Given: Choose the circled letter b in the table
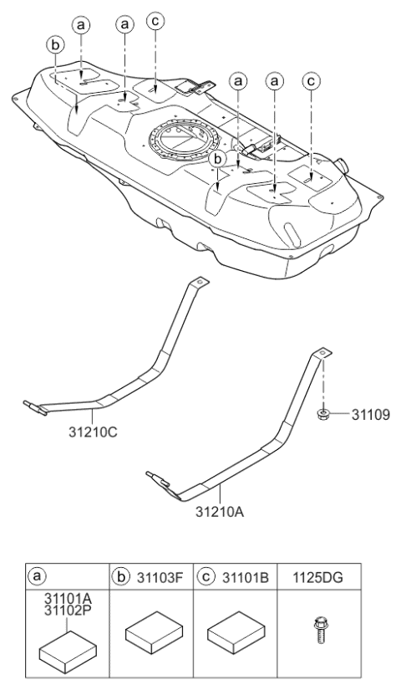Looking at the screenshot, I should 122,575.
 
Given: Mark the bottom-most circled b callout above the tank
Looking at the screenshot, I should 219,157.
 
